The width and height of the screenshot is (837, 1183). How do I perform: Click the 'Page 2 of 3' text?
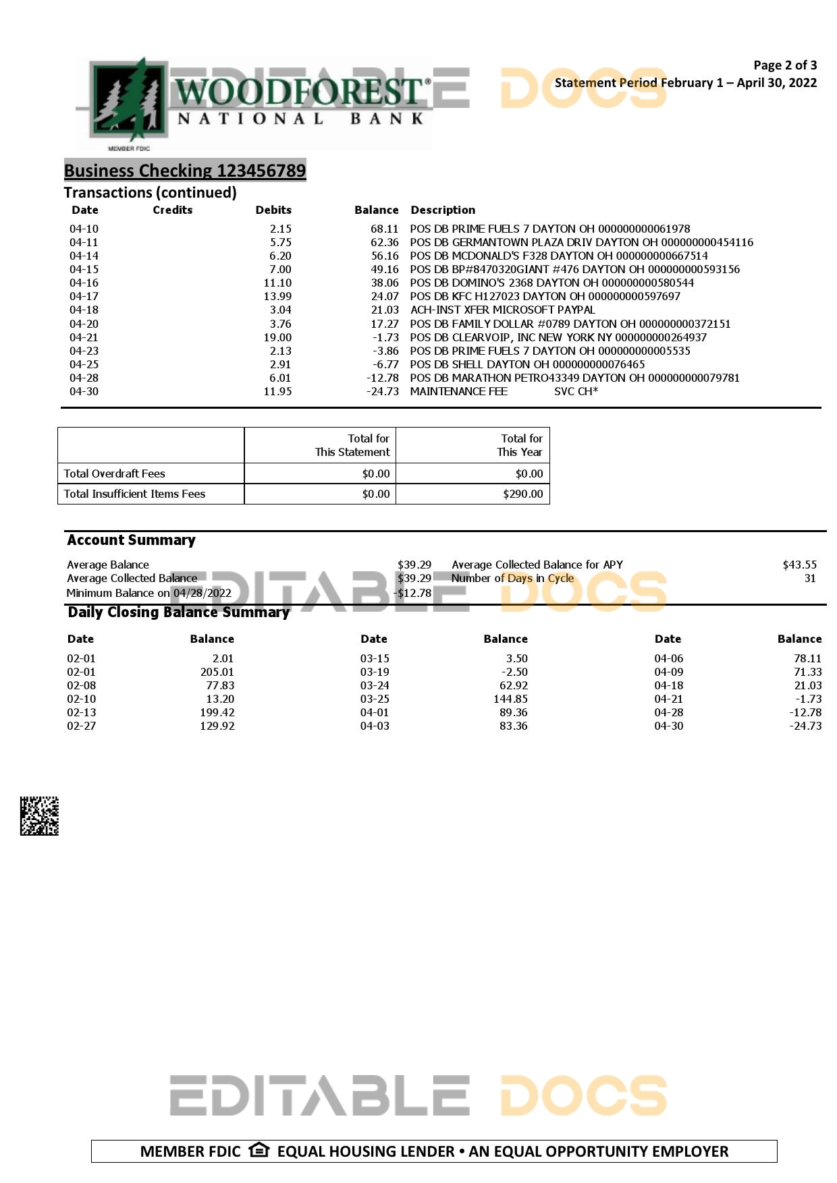click(784, 65)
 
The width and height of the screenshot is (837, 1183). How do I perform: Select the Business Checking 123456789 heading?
click(185, 171)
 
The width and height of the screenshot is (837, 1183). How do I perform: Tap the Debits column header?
click(273, 210)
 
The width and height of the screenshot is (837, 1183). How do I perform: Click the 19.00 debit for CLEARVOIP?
click(277, 337)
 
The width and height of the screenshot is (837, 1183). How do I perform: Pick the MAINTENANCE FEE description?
click(458, 391)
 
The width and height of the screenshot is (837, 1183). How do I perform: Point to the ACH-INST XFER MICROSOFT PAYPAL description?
click(502, 310)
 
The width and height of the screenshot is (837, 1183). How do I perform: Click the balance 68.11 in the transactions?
click(384, 229)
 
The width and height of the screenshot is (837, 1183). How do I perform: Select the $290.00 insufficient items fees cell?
click(522, 494)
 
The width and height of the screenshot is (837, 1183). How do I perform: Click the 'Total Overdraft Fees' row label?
click(114, 473)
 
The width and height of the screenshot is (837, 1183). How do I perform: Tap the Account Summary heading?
click(131, 540)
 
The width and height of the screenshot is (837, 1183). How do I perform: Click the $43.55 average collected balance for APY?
click(799, 565)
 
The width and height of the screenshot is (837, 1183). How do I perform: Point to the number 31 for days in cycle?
click(810, 578)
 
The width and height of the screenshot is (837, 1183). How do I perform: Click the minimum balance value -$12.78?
click(412, 593)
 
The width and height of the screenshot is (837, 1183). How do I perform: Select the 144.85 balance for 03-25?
click(510, 699)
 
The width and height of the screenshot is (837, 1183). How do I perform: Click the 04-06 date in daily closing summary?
click(668, 658)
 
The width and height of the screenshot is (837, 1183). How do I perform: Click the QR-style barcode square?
click(39, 816)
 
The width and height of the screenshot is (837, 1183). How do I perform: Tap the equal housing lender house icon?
click(259, 1150)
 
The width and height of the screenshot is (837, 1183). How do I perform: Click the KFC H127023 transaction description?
click(545, 296)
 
